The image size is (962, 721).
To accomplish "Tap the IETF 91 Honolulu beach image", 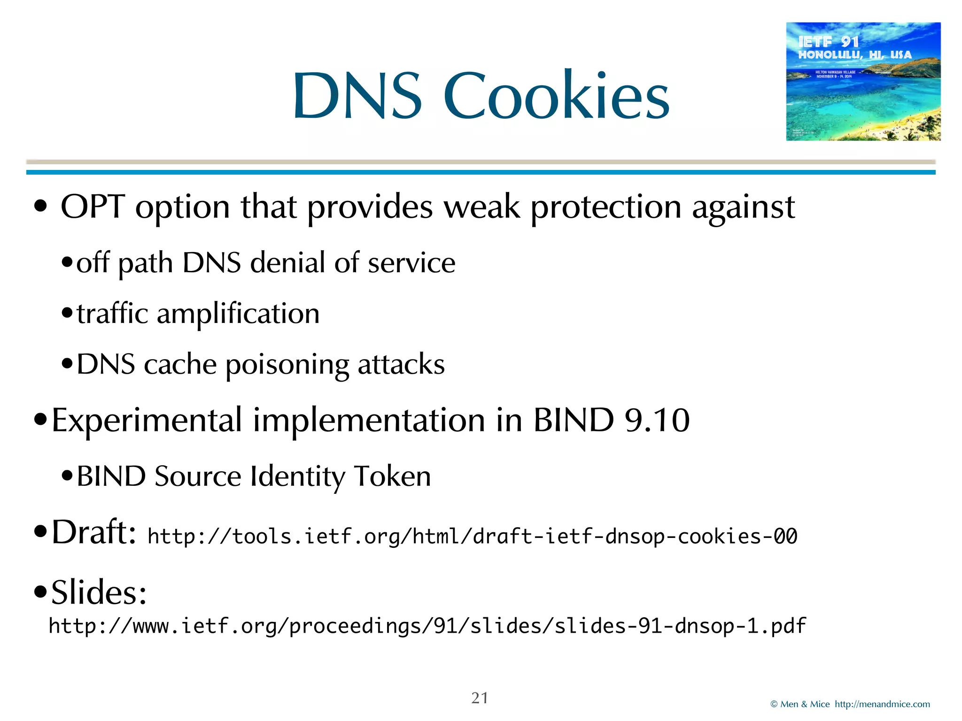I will [x=863, y=81].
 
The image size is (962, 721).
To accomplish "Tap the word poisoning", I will [x=287, y=365].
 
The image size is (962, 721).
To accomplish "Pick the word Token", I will [x=392, y=476].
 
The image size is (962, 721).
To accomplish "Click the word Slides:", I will [x=99, y=592].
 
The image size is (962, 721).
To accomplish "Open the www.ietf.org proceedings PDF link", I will [x=427, y=626].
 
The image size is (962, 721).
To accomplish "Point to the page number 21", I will [x=480, y=698].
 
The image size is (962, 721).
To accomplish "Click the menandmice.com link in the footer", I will [x=882, y=704].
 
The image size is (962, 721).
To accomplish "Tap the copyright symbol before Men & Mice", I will [x=774, y=704].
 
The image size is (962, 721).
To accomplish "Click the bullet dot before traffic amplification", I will [x=67, y=313].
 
